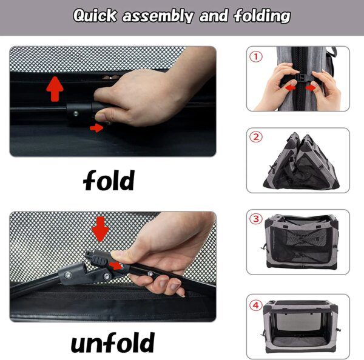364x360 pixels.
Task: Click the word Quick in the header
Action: pyautogui.click(x=95, y=16)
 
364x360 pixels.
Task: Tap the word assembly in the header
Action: pyautogui.click(x=158, y=16)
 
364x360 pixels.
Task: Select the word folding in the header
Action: pyautogui.click(x=262, y=16)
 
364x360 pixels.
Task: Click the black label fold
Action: pyautogui.click(x=109, y=180)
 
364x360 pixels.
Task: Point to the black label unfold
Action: pyautogui.click(x=113, y=342)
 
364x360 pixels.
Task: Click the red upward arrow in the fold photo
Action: pyautogui.click(x=55, y=89)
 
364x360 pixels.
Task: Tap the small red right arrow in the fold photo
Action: pyautogui.click(x=96, y=128)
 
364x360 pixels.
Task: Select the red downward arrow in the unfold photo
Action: pyautogui.click(x=101, y=229)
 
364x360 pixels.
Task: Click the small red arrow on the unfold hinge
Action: pyautogui.click(x=116, y=265)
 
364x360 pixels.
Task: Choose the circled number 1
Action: pyautogui.click(x=256, y=57)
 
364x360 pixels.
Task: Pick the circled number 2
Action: pyautogui.click(x=256, y=137)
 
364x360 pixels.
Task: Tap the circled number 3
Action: pyautogui.click(x=256, y=219)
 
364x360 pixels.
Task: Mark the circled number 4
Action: pyautogui.click(x=256, y=305)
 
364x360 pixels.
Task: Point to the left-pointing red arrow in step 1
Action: pyautogui.click(x=290, y=88)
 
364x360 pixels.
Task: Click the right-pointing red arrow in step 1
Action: pyautogui.click(x=311, y=88)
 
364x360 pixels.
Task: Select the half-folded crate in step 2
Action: pyautogui.click(x=301, y=161)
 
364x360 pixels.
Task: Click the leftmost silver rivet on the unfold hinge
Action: pyautogui.click(x=68, y=275)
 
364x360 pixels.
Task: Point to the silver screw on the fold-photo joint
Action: pyautogui.click(x=76, y=113)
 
